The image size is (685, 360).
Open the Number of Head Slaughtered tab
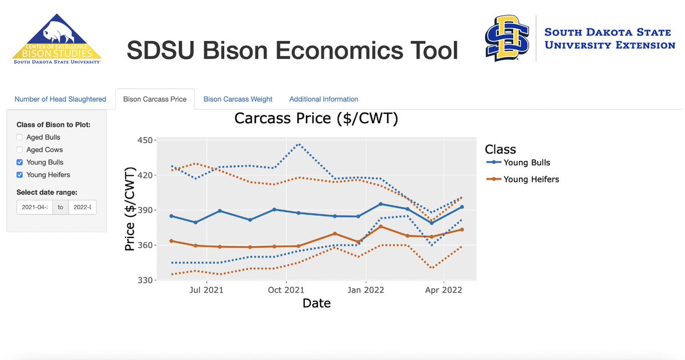pos(60,99)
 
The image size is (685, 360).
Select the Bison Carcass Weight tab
pos(238,99)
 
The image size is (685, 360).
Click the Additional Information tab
pos(324,99)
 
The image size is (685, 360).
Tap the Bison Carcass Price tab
pos(155,99)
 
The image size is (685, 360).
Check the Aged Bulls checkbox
pos(20,137)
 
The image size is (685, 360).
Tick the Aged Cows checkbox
pos(20,150)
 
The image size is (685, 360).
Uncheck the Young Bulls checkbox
pos(20,163)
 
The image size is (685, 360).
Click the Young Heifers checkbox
pos(20,175)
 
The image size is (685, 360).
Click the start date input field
pos(34,207)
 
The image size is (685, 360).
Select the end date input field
pos(82,207)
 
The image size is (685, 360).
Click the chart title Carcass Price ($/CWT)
pos(316,119)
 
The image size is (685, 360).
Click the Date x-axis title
pos(316,304)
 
